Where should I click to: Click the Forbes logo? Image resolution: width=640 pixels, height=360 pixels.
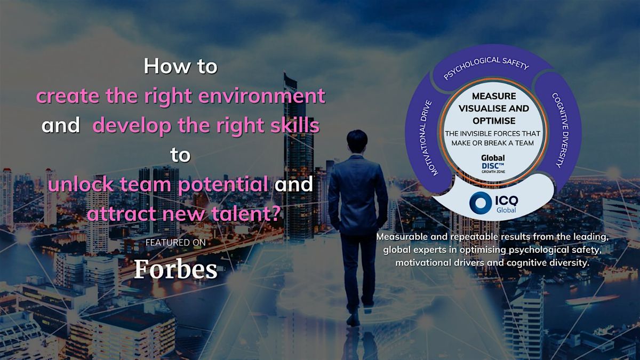coord(175,269)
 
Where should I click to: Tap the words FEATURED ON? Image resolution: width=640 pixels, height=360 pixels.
coord(175,243)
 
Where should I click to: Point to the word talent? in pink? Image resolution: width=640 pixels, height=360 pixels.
coord(250,214)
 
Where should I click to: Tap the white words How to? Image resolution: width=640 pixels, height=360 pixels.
coord(180,67)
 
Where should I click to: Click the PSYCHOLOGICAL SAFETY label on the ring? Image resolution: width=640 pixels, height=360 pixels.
coord(486,68)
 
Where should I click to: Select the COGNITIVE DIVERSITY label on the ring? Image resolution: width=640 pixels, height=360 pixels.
coord(556,130)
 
